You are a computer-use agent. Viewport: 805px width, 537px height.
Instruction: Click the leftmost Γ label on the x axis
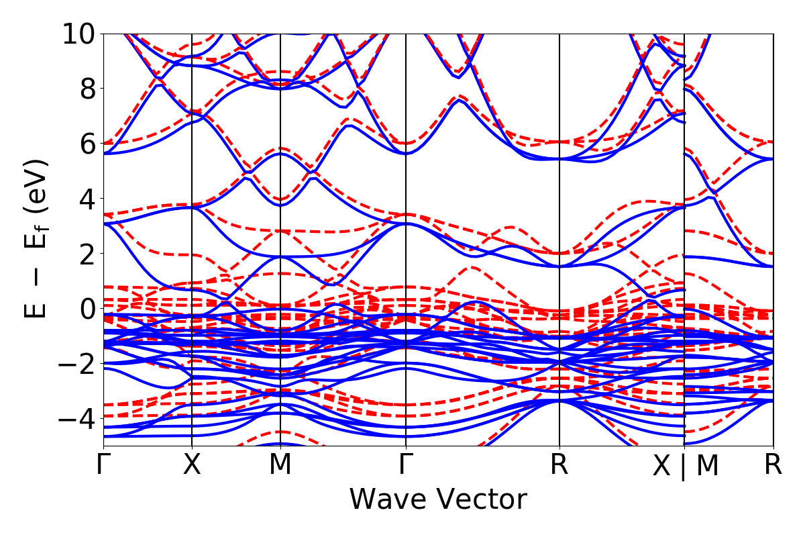coord(103,465)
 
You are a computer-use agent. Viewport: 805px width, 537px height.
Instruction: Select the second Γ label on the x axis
coord(406,465)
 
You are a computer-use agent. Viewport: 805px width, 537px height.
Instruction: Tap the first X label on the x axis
coord(193,465)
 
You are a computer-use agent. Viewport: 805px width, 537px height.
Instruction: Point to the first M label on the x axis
coord(280,465)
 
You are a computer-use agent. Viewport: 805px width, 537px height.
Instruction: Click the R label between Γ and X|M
coord(559,465)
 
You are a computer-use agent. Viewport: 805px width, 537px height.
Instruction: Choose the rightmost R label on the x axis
coord(773,465)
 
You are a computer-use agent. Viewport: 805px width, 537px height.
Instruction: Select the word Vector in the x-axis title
coord(483,500)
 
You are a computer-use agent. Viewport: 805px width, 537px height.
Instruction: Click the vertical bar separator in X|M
coord(684,467)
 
